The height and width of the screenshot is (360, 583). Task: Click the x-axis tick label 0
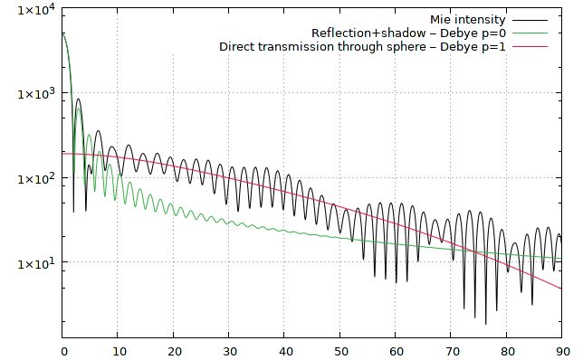point(63,350)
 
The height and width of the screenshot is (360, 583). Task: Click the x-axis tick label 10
point(119,350)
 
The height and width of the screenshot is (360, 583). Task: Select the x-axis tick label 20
point(174,350)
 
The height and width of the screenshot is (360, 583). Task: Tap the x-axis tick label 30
point(229,350)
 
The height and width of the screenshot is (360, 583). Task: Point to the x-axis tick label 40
point(284,350)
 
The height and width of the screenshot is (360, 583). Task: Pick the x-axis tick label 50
point(340,350)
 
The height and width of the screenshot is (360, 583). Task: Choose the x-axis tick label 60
point(396,350)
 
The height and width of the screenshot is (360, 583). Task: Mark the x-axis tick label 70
point(451,350)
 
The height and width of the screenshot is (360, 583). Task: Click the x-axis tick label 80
point(506,350)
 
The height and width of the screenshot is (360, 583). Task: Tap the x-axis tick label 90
point(561,350)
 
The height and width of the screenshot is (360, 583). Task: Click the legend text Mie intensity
point(468,19)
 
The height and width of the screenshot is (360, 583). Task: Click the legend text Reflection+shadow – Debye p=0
point(407,33)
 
